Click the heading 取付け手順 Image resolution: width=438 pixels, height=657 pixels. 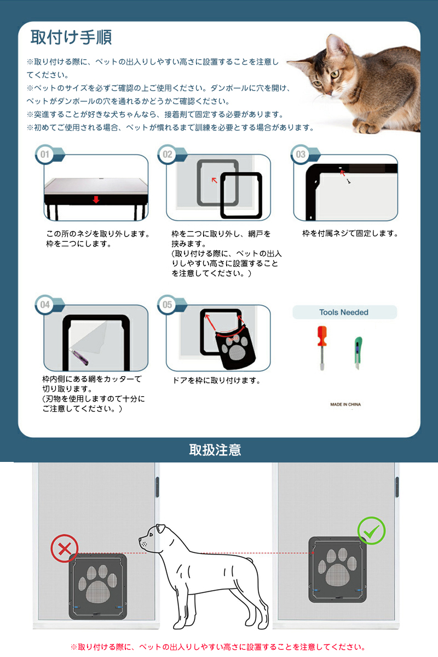click(71, 37)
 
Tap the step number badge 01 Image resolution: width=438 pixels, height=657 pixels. click(45, 154)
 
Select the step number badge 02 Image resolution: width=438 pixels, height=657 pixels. click(167, 154)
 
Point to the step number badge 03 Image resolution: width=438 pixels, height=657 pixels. click(300, 154)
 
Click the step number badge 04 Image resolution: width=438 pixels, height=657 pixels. click(45, 305)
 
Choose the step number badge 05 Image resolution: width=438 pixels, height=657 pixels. click(167, 305)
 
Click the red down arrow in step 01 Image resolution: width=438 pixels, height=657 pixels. click(96, 200)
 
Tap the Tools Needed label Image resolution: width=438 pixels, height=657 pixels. click(344, 312)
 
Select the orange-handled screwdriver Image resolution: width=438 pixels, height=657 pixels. click(322, 348)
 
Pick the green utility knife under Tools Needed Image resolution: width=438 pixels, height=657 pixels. click(358, 352)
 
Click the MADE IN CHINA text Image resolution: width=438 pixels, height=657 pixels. click(345, 404)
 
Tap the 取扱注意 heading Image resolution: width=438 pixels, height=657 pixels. click(215, 449)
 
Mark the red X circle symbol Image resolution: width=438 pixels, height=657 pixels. click(65, 548)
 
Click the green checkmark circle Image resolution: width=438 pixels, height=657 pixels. click(371, 531)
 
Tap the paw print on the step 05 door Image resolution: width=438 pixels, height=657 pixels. click(232, 347)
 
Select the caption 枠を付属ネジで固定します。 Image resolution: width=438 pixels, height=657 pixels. click(350, 233)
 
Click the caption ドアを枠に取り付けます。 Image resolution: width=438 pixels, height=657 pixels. click(217, 380)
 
